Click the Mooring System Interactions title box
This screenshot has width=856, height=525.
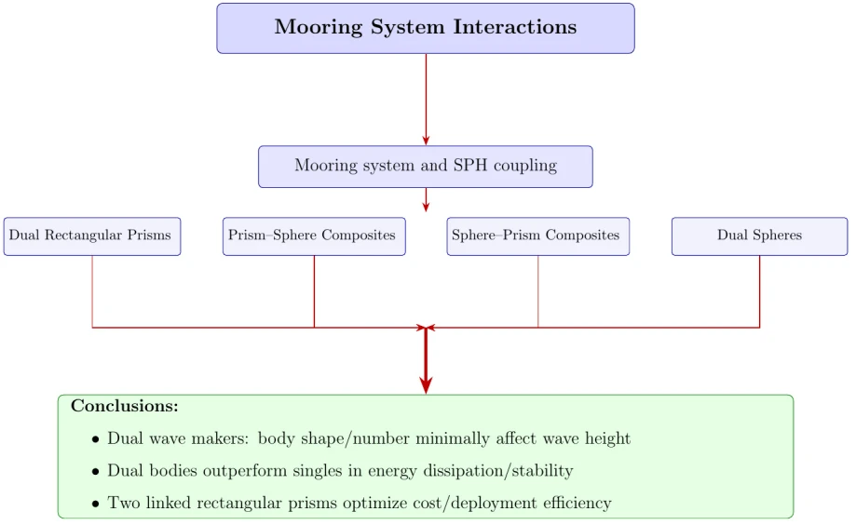point(426,28)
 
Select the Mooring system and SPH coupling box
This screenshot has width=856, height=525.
point(426,167)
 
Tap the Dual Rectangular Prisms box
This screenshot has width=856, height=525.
point(91,236)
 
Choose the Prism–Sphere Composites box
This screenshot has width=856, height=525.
point(314,236)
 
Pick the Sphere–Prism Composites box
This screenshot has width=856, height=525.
point(537,236)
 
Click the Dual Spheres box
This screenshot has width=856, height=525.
point(759,236)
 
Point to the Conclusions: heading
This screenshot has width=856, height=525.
point(125,407)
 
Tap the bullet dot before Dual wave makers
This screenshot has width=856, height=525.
point(95,439)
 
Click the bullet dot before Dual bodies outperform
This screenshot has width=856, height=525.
point(95,472)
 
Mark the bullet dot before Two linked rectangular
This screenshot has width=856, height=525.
point(95,505)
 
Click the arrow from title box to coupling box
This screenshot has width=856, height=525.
point(426,98)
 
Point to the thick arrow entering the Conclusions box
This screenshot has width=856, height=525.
point(426,363)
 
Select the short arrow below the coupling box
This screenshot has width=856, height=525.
point(426,199)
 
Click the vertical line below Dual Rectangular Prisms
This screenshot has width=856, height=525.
point(92,290)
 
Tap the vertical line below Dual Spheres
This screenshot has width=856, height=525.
point(760,290)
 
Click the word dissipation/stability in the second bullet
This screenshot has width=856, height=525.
point(491,471)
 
